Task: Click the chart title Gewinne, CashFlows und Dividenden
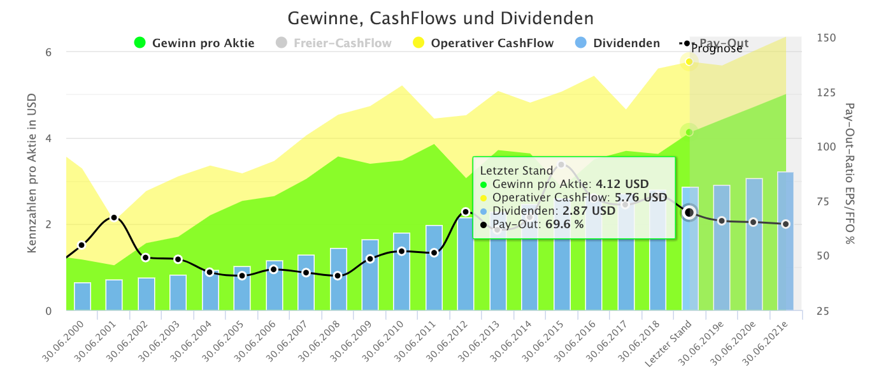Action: pyautogui.click(x=440, y=17)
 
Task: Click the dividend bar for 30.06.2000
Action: pyautogui.click(x=82, y=297)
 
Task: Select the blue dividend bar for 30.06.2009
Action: pyautogui.click(x=370, y=275)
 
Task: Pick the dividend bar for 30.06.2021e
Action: pyautogui.click(x=785, y=242)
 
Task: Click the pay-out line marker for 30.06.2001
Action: pyautogui.click(x=114, y=218)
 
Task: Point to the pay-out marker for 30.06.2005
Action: pyautogui.click(x=242, y=275)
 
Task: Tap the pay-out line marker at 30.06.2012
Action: pyautogui.click(x=466, y=212)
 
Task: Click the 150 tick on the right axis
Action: pyautogui.click(x=826, y=38)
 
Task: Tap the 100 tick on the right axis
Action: pyautogui.click(x=826, y=147)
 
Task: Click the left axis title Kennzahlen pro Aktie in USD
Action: pyautogui.click(x=32, y=173)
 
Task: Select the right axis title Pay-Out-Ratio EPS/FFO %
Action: pyautogui.click(x=850, y=173)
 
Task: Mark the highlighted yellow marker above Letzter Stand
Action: pyautogui.click(x=689, y=61)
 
